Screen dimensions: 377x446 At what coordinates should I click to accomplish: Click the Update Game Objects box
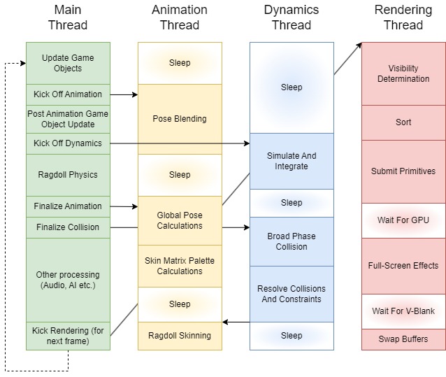click(x=68, y=63)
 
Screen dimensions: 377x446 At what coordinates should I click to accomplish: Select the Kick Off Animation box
click(x=68, y=94)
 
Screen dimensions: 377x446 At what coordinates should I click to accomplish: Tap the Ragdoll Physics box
click(x=68, y=175)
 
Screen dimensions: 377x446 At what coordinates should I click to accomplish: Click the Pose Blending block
click(x=180, y=119)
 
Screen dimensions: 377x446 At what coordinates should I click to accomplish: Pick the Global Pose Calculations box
click(x=180, y=220)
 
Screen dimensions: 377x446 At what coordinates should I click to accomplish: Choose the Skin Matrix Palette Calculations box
click(x=180, y=266)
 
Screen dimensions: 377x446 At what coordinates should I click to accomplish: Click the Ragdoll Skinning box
click(x=180, y=336)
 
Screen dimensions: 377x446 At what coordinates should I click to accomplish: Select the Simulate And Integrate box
click(x=292, y=161)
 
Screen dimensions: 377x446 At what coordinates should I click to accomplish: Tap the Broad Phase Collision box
click(x=292, y=241)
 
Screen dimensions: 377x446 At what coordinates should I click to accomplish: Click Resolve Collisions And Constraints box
click(x=292, y=294)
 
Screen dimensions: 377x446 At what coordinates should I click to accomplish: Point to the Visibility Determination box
click(x=403, y=73)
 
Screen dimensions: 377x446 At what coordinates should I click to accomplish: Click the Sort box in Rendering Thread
click(x=403, y=122)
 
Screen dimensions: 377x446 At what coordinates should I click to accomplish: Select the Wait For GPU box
click(x=403, y=220)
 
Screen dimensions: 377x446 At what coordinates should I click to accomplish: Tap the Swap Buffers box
click(x=403, y=339)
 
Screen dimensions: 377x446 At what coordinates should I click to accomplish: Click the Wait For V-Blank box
click(x=403, y=311)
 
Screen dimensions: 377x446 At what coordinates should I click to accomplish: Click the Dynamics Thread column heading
click(x=292, y=17)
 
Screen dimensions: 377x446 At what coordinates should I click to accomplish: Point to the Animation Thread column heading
click(x=180, y=17)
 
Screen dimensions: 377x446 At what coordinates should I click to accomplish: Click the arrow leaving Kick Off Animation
click(x=124, y=94)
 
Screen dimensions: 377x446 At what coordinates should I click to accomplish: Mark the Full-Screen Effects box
click(x=403, y=266)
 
